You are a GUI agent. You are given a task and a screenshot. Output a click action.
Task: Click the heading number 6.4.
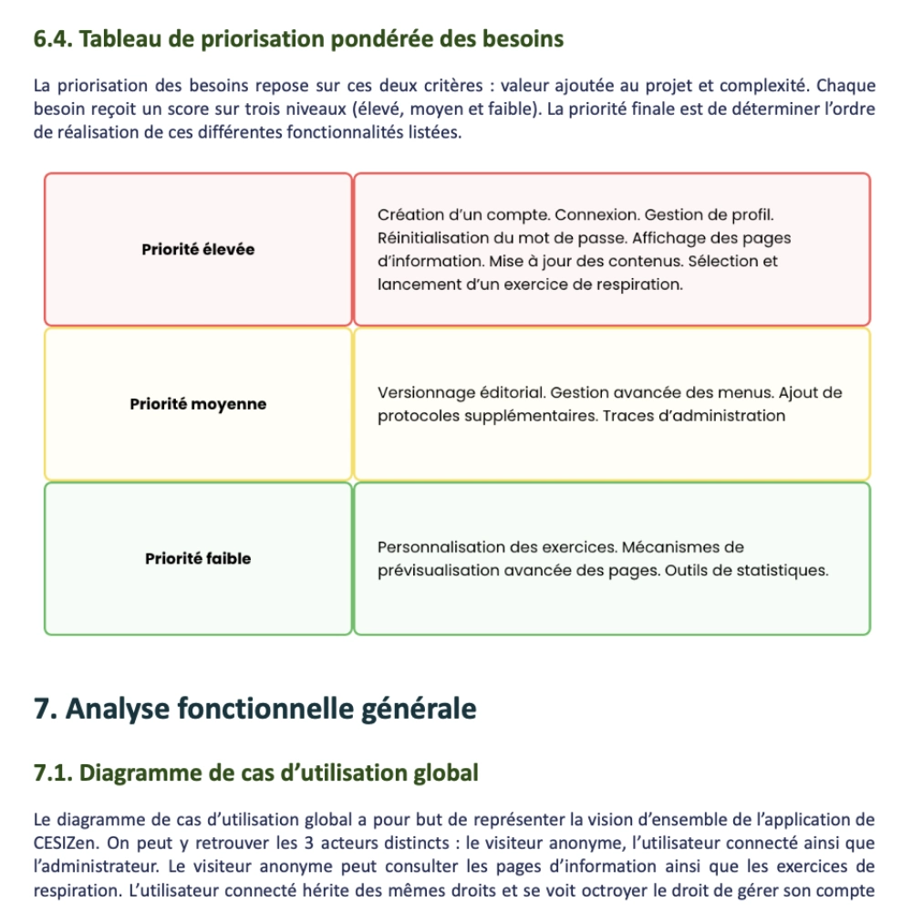pyautogui.click(x=59, y=40)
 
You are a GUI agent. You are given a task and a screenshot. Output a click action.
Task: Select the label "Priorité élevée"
pyautogui.click(x=198, y=249)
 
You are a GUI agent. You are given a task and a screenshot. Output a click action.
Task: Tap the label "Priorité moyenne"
pyautogui.click(x=198, y=404)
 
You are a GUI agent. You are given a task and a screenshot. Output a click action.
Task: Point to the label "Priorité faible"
pyautogui.click(x=198, y=558)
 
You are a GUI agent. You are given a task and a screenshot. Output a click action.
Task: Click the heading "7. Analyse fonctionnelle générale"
pyautogui.click(x=254, y=709)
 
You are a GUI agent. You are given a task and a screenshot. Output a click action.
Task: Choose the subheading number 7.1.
pyautogui.click(x=54, y=773)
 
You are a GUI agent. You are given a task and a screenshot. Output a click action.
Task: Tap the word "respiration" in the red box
pyautogui.click(x=637, y=284)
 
